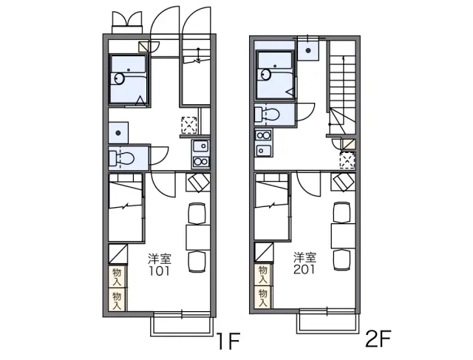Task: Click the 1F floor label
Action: (228, 341)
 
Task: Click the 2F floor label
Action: (378, 339)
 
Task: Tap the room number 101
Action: (159, 271)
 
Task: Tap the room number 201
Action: (304, 269)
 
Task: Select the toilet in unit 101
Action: (121, 157)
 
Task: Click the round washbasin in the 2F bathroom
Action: (266, 74)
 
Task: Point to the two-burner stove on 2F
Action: (263, 135)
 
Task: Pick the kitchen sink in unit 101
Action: (201, 146)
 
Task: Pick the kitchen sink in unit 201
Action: (263, 150)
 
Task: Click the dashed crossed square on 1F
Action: (189, 125)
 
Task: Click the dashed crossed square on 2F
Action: (347, 160)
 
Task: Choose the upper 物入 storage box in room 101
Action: (117, 276)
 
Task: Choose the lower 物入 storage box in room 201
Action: (263, 297)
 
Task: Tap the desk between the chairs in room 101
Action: (198, 237)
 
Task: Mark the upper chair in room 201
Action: (341, 212)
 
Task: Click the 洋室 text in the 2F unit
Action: (304, 257)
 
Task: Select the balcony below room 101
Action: (180, 324)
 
